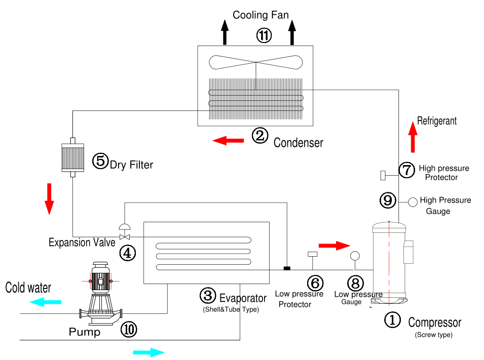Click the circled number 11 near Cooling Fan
[264, 35]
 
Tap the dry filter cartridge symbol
[72, 157]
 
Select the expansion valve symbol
[124, 235]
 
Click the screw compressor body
[389, 262]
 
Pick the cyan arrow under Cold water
[46, 302]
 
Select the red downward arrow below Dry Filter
[49, 198]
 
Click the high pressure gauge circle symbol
[413, 202]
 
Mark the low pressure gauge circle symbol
[354, 255]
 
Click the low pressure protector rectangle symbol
[312, 254]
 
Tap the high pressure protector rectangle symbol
[384, 175]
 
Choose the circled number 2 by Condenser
[260, 136]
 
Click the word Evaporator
[243, 297]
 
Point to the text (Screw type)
[433, 335]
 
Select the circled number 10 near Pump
[128, 330]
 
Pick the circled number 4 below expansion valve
[127, 252]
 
